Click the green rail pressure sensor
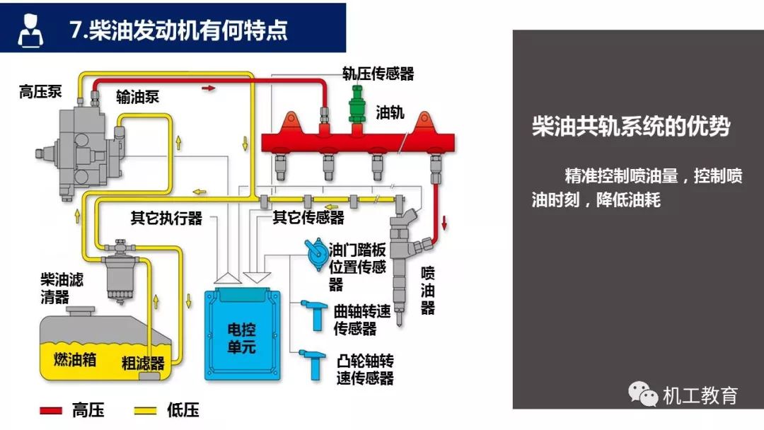pos(357,107)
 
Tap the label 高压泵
pos(40,92)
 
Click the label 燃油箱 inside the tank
pos(75,359)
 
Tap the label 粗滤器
pos(143,364)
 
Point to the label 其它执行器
pos(166,218)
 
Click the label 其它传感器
pos(308,218)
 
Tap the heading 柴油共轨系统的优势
pos(630,127)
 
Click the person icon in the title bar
pos(30,30)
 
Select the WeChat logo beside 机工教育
pos(643,394)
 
